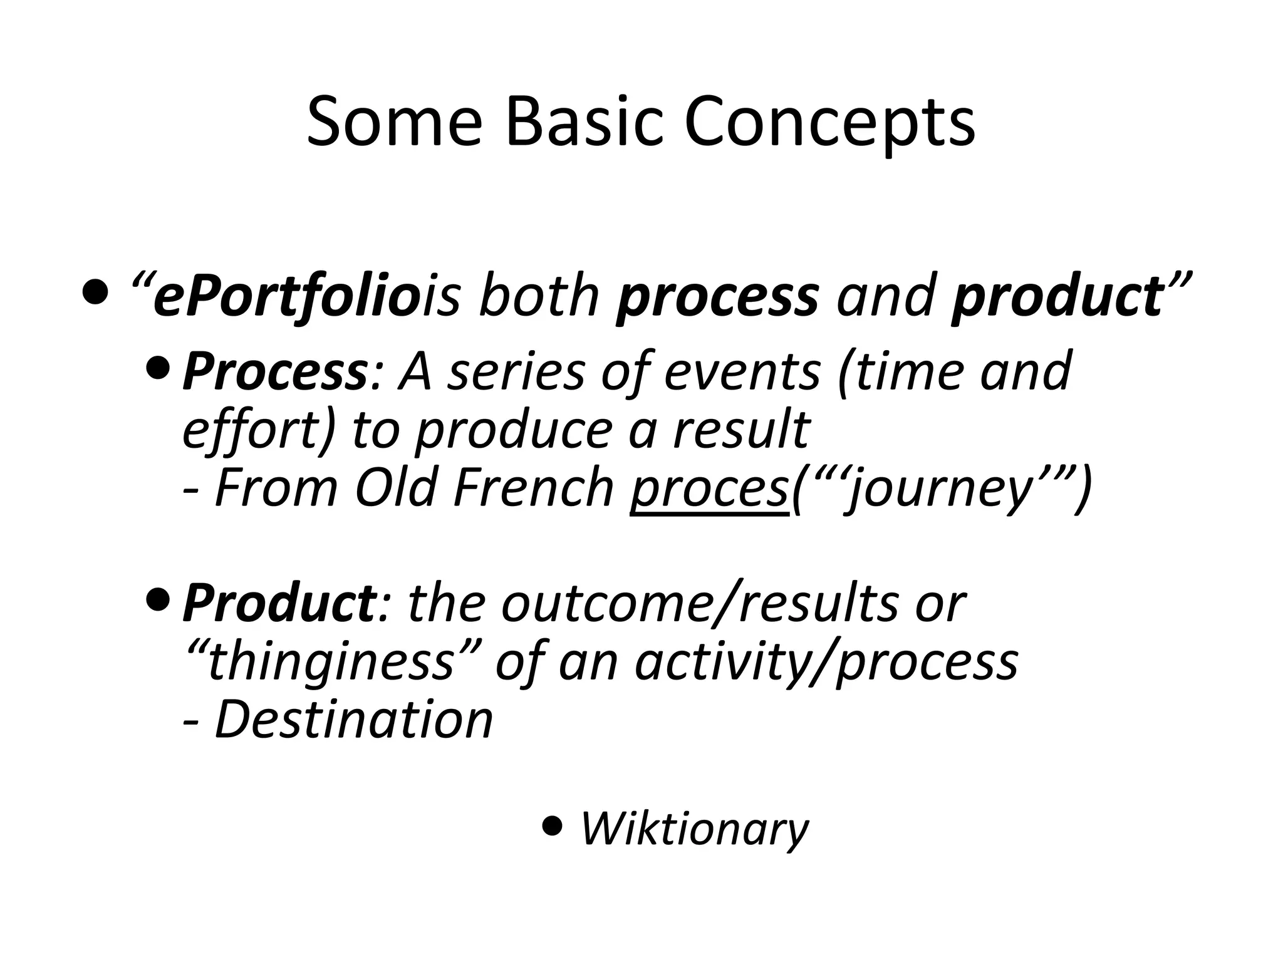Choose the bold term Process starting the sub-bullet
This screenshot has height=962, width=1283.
tap(274, 372)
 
